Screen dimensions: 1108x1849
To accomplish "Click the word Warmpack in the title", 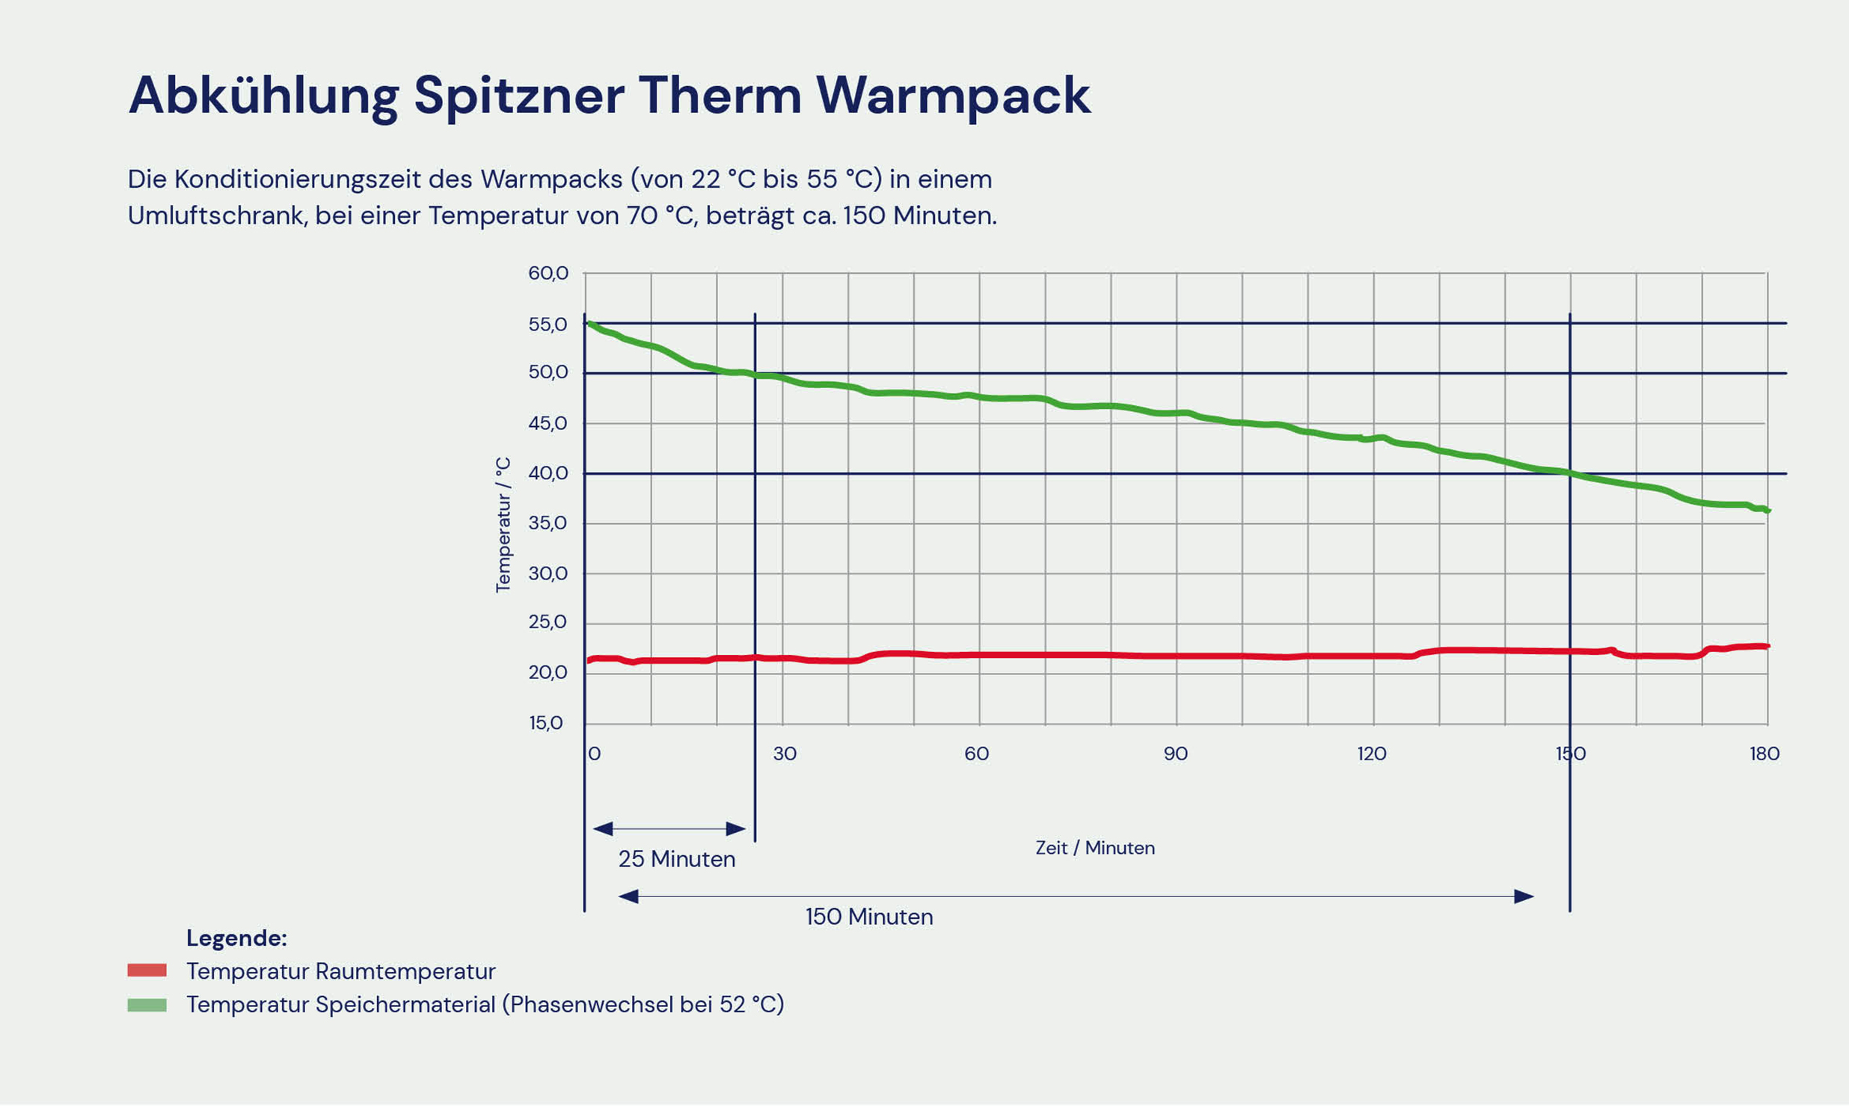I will coord(953,96).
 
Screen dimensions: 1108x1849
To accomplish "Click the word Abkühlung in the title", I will coord(263,96).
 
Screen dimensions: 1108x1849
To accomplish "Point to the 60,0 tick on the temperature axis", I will coord(548,274).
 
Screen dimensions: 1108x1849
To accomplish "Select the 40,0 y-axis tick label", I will coord(548,473).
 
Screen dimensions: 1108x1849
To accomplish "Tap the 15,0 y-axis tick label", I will coord(546,723).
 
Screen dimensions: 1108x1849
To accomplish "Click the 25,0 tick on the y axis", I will coord(548,622).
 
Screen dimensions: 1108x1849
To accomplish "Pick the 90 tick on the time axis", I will coord(1176,754).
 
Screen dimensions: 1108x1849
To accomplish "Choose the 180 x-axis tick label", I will coord(1764,754).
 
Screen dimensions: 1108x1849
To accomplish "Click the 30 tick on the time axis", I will coord(785,754).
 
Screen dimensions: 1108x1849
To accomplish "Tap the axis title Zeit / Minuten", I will coord(1095,848).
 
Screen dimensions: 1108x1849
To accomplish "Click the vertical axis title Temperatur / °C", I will coord(503,525).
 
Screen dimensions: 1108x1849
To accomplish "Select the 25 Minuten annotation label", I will coord(677,859).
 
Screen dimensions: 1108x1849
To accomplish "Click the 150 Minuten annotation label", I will coord(869,917).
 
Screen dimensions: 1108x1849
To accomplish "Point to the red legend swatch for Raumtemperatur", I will coord(147,970).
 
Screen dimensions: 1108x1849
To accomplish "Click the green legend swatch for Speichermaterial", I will coord(147,1005).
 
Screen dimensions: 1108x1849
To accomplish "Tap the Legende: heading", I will coord(236,938).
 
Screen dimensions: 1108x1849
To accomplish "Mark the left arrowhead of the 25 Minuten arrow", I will coord(603,828).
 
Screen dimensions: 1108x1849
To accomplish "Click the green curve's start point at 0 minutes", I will coord(589,324).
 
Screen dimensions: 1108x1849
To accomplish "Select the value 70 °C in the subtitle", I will coord(662,216).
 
